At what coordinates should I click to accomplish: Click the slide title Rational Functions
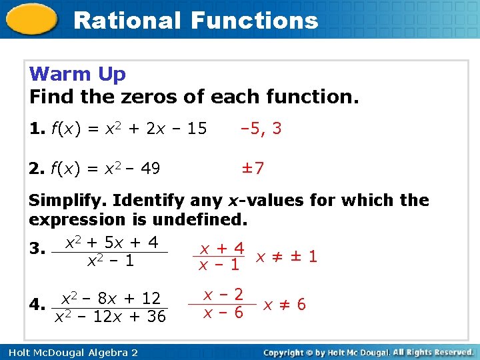click(195, 20)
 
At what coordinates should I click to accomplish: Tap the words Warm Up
click(77, 74)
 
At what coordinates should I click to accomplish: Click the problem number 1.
click(35, 128)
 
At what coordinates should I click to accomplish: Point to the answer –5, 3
click(261, 128)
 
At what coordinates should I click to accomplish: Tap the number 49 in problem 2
click(150, 169)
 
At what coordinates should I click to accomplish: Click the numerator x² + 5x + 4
click(111, 243)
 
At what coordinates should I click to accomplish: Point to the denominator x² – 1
click(111, 261)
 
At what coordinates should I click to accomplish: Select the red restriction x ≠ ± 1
click(286, 256)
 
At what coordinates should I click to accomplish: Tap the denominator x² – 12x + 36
click(110, 317)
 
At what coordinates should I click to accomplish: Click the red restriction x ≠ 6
click(284, 305)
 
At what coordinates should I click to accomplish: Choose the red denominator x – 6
click(223, 313)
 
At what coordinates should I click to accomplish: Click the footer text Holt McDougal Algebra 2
click(69, 352)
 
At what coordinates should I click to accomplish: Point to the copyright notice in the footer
click(368, 352)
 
